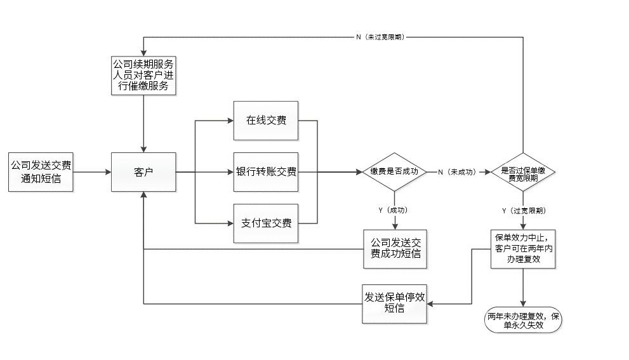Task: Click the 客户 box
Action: [x=143, y=172]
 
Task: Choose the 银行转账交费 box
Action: [x=266, y=172]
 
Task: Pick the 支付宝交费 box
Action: [x=266, y=223]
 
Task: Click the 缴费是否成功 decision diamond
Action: [x=394, y=172]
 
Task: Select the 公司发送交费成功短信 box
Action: [x=394, y=249]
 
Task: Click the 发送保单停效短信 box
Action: [x=394, y=303]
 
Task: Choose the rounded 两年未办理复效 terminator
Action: [x=523, y=320]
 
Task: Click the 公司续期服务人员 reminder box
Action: [x=143, y=76]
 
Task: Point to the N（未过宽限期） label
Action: [x=380, y=37]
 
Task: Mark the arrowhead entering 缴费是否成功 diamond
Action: [x=358, y=172]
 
